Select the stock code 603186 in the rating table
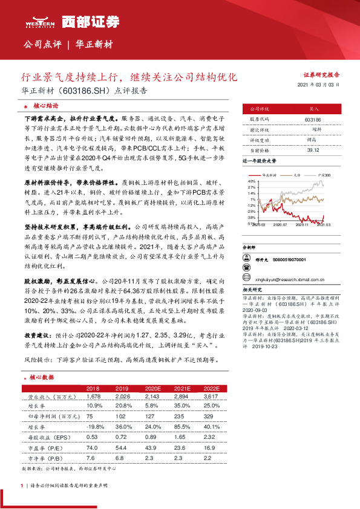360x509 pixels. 313,120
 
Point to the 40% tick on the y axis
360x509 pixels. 251,181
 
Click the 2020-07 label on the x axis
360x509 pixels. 279,224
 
